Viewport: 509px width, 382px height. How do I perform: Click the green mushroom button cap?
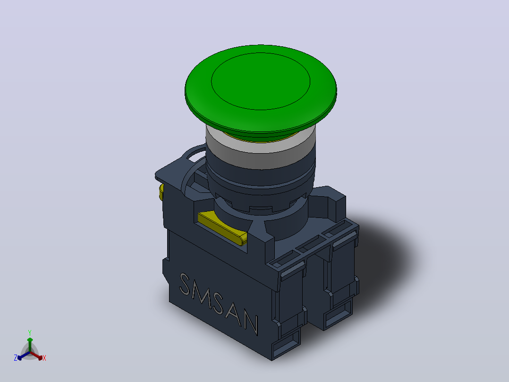coord(261,88)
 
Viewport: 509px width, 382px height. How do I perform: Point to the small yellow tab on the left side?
coord(161,192)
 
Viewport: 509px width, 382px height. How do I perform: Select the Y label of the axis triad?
coord(30,332)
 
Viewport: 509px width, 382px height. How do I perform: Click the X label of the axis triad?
coord(44,358)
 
